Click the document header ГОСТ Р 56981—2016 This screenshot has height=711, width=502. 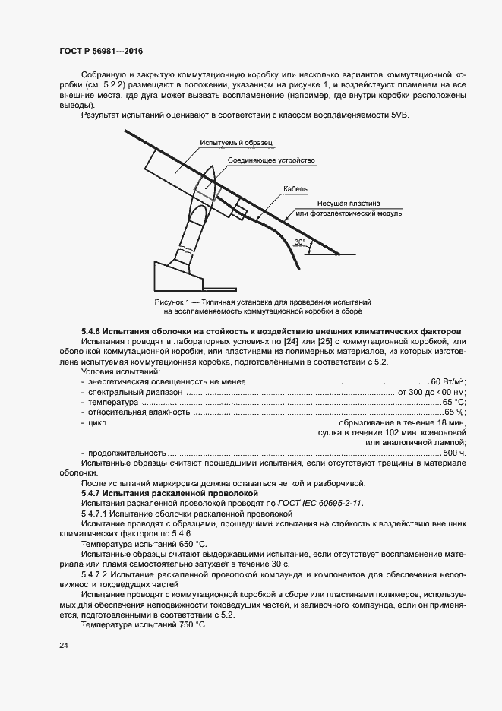pos(100,52)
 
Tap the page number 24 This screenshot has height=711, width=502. pos(63,645)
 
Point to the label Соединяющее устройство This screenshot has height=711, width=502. pos(271,161)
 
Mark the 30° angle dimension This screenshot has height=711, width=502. pos(301,243)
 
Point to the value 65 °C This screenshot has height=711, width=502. pos(453,402)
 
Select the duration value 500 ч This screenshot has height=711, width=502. pos(453,453)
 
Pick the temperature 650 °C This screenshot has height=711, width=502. pos(190,545)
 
